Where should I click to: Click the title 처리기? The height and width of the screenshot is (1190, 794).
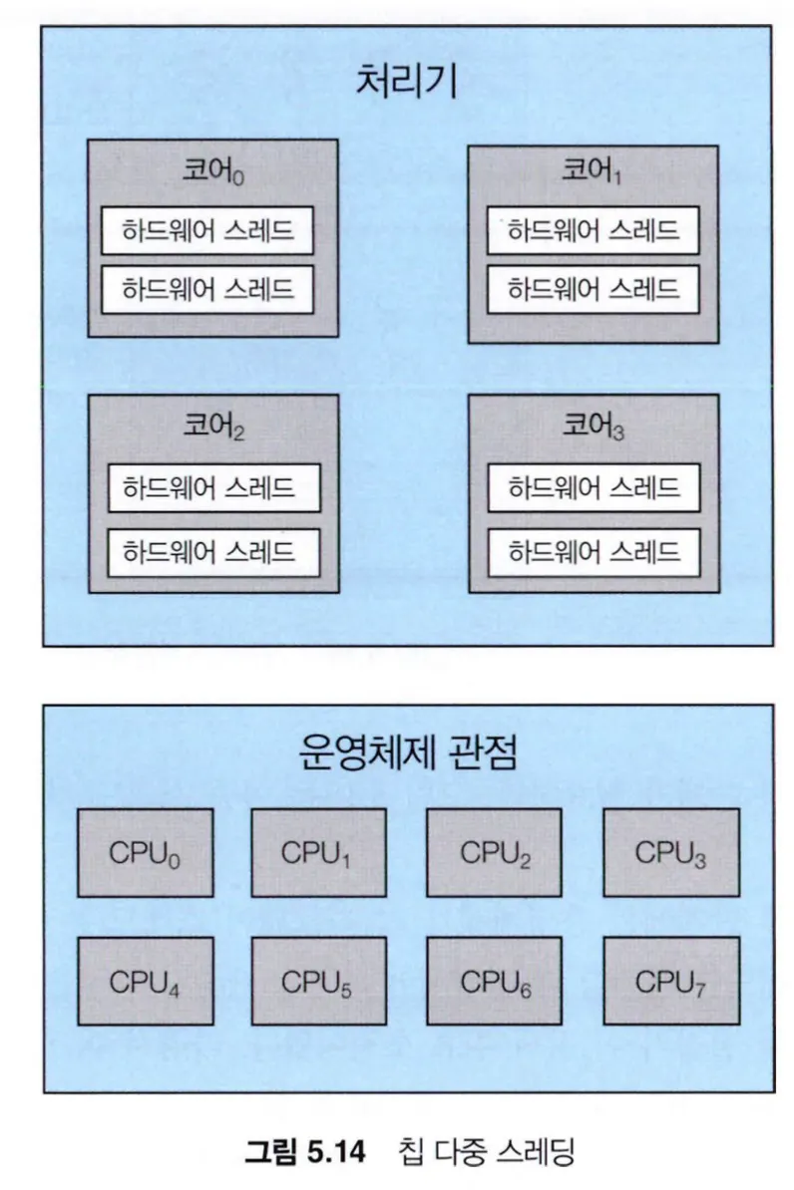coord(406,82)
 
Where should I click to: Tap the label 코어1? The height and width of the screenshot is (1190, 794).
coord(593,170)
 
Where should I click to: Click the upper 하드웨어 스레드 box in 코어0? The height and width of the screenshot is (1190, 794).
coord(207,231)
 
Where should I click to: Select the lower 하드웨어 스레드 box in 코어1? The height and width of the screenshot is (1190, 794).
coord(594,289)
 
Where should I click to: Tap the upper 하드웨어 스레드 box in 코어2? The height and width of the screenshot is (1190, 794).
coord(213,488)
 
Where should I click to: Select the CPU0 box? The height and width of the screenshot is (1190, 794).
coord(146,853)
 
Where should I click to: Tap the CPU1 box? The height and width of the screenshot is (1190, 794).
coord(318,853)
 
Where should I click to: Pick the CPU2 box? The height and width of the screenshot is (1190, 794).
coord(495,853)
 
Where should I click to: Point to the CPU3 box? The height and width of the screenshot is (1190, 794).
coord(671,853)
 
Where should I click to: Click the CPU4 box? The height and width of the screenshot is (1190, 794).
coord(146,982)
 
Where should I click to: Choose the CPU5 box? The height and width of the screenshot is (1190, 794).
coord(318,982)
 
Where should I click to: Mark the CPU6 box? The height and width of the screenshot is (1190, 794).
coord(495,982)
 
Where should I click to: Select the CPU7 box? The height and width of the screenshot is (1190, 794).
coord(671,982)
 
